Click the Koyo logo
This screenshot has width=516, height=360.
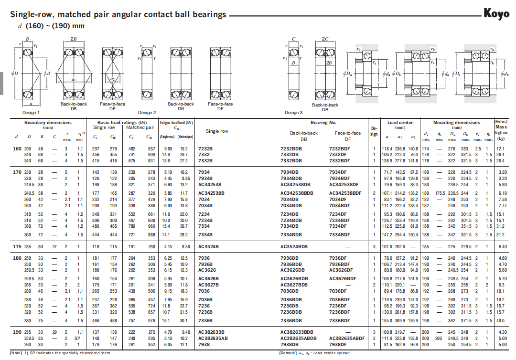point(496,14)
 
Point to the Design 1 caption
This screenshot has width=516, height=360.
point(31,113)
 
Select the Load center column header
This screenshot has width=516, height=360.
point(400,123)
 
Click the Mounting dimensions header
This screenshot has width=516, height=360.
point(456,123)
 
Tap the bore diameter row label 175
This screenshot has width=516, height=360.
point(16,247)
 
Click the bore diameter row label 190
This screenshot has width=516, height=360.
point(16,332)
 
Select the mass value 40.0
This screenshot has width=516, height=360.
point(501,320)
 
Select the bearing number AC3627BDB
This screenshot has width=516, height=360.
point(294,285)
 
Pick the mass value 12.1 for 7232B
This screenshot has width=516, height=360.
point(501,149)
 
